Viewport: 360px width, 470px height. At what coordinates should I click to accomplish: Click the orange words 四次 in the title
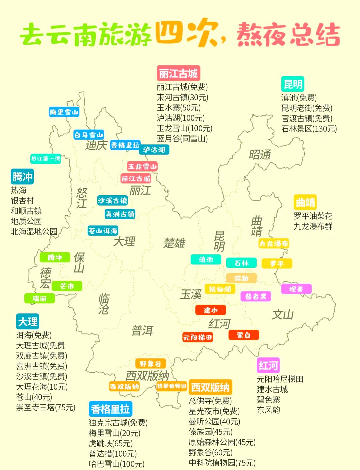point(187,34)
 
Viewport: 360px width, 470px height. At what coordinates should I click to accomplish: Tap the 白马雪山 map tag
point(89,135)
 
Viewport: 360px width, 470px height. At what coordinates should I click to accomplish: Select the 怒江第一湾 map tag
point(46,159)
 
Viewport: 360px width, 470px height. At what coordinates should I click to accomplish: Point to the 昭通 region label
point(260,155)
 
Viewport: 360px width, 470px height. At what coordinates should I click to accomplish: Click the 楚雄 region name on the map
point(174,243)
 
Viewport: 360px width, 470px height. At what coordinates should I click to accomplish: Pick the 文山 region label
point(283,314)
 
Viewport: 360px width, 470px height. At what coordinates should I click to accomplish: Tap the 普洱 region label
point(142,330)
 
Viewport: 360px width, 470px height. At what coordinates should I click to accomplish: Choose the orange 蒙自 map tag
point(244,335)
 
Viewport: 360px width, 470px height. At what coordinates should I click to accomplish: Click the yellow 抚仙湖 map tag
point(220,289)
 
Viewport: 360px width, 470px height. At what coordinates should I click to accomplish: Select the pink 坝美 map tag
point(296,289)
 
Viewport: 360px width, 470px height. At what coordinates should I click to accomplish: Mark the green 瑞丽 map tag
point(40,298)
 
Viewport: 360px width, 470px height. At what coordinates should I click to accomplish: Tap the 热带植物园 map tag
point(172,386)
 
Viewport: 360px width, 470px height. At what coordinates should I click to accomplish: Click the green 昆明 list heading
point(293,84)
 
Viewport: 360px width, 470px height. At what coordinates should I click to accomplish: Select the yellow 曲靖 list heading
point(305,203)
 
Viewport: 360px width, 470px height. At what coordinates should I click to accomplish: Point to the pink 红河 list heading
point(268,365)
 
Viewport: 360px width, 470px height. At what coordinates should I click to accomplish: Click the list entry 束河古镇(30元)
point(183,97)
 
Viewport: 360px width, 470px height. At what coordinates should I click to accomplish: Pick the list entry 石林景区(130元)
point(309,129)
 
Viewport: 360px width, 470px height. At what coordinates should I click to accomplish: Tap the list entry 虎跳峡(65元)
point(111,443)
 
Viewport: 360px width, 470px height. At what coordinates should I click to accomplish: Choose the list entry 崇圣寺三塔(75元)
point(46,407)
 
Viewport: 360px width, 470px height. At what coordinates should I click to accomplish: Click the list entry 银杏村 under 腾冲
point(22,201)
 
